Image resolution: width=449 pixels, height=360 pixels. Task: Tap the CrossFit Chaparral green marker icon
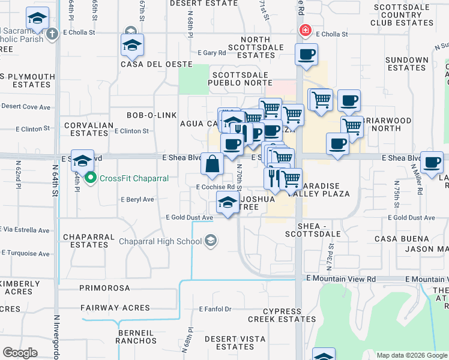point(91,178)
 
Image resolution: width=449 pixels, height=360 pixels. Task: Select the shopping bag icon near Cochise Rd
point(212,164)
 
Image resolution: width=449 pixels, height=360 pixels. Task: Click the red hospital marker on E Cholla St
point(306,29)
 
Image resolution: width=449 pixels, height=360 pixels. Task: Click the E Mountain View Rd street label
point(340,279)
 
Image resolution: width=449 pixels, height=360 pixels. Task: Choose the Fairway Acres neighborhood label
point(115,308)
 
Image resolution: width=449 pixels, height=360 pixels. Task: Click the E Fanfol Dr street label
point(215,310)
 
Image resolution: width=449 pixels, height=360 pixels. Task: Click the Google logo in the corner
point(20,353)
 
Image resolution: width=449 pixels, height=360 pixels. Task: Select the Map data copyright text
point(411,355)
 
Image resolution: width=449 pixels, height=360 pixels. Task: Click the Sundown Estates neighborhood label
point(407,64)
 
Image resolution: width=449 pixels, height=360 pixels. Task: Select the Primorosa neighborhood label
point(104,288)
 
